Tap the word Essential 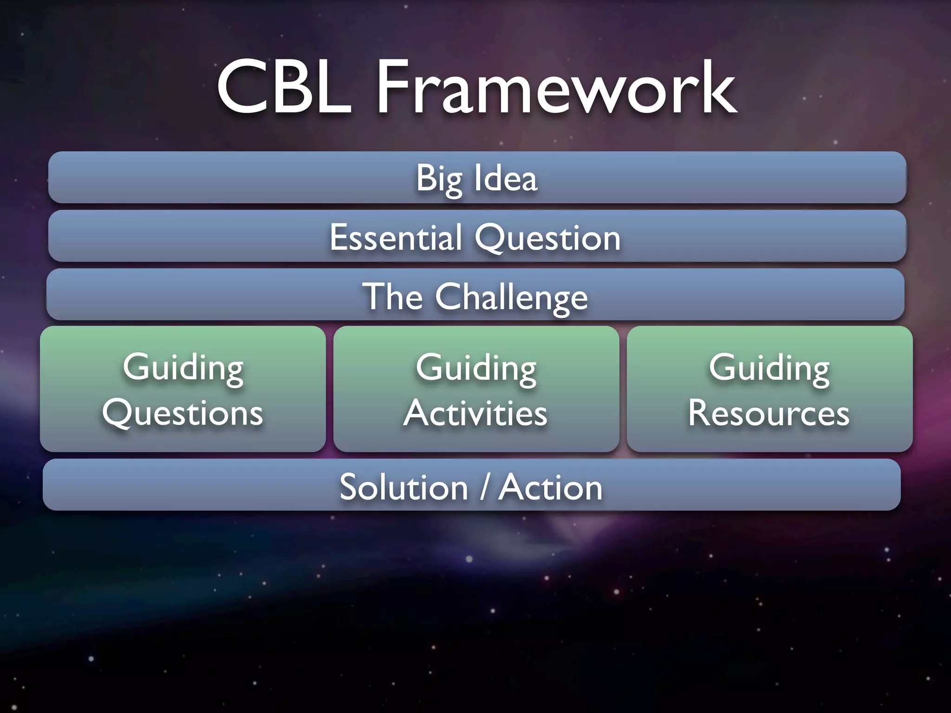(396, 238)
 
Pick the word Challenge (511, 297)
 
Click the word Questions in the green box (182, 413)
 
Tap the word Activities (475, 413)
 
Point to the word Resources (769, 413)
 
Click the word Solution (404, 487)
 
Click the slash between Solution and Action (484, 487)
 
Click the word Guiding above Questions (183, 368)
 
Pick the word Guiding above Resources (769, 368)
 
